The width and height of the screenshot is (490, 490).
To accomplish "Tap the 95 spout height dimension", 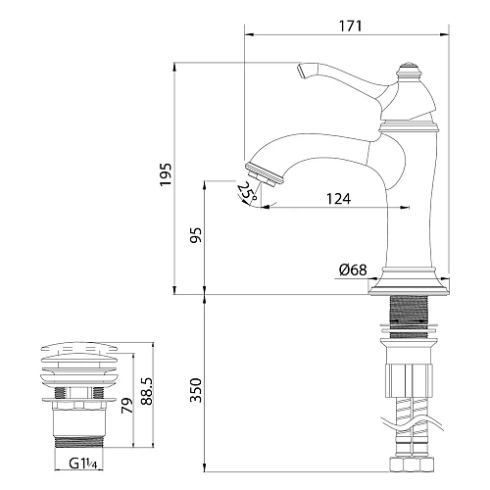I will coord(195,236).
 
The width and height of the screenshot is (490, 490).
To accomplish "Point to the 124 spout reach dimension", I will coord(338,199).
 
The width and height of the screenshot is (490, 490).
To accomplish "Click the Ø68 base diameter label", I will coord(353,271).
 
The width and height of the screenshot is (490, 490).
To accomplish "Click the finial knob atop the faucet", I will coord(408,72).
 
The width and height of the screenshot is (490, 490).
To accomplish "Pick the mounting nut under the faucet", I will coord(408,375).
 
